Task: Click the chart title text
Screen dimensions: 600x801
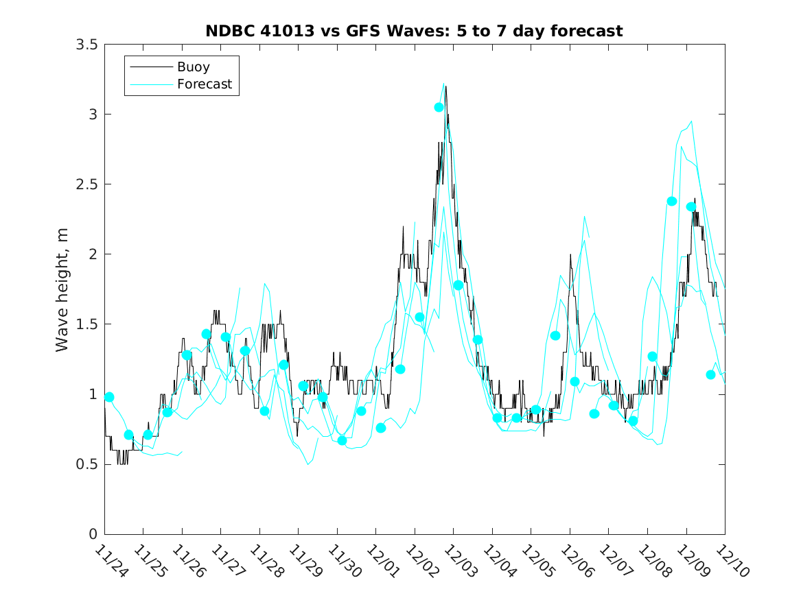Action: (x=414, y=31)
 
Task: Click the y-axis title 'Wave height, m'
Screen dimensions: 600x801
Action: (x=62, y=289)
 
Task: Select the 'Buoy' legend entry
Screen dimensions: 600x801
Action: (x=193, y=67)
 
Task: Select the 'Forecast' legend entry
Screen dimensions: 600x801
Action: (x=204, y=84)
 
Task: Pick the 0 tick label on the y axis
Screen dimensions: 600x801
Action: (x=92, y=534)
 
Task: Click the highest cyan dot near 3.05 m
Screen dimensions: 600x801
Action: (x=439, y=107)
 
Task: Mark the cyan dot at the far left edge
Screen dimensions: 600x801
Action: (x=109, y=397)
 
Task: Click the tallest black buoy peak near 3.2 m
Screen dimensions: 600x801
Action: (x=446, y=86)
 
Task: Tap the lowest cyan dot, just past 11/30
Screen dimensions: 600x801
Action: (x=342, y=440)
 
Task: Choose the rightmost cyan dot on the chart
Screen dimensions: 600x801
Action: (x=710, y=374)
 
